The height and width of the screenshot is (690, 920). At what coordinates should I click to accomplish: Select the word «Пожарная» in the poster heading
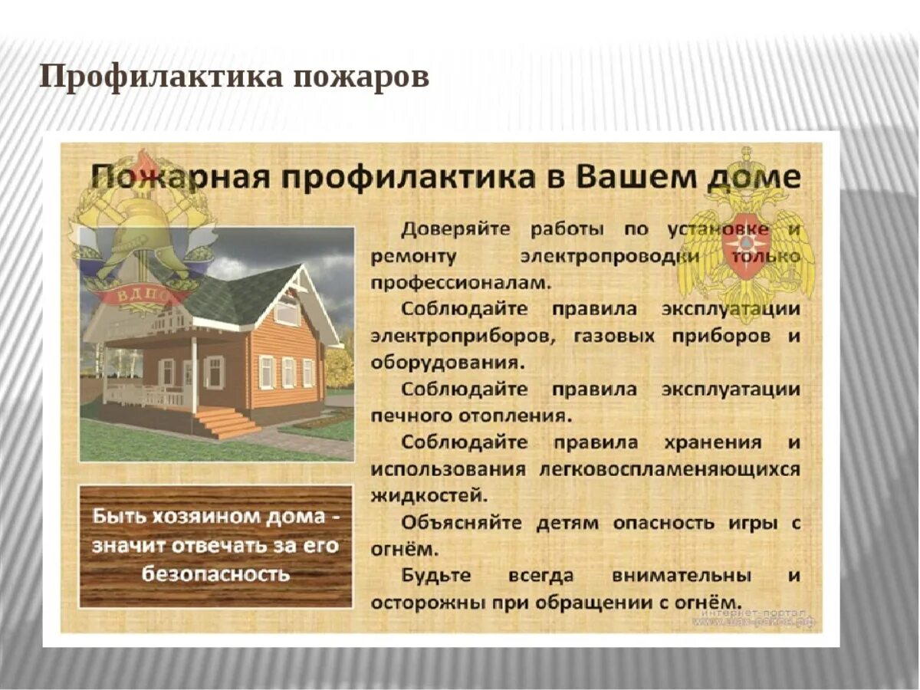pyautogui.click(x=178, y=178)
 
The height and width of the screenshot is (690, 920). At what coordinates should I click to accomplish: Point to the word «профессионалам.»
pyautogui.click(x=461, y=282)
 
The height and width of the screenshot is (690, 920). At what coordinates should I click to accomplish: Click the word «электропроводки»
pyautogui.click(x=609, y=255)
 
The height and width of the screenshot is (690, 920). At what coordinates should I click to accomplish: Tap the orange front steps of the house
pyautogui.click(x=227, y=422)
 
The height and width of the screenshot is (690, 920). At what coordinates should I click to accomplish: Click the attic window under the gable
pyautogui.click(x=287, y=310)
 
